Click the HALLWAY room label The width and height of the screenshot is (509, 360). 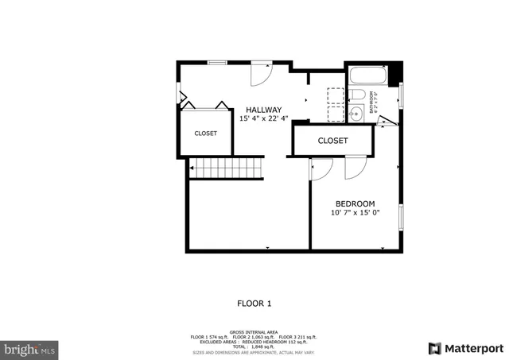(263, 110)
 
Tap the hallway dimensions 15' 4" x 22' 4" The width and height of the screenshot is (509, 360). (263, 118)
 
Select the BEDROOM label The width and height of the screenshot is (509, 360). (355, 203)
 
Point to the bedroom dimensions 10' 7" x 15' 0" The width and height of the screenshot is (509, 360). (355, 212)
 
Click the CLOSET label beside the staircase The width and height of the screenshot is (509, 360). (205, 134)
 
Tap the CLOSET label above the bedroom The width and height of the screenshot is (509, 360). (332, 141)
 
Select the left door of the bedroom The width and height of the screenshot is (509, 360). (321, 168)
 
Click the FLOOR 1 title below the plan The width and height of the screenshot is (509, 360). (254, 303)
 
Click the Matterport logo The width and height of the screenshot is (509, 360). (466, 348)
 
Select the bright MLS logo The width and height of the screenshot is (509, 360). (30, 348)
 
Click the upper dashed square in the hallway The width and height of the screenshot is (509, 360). (335, 94)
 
